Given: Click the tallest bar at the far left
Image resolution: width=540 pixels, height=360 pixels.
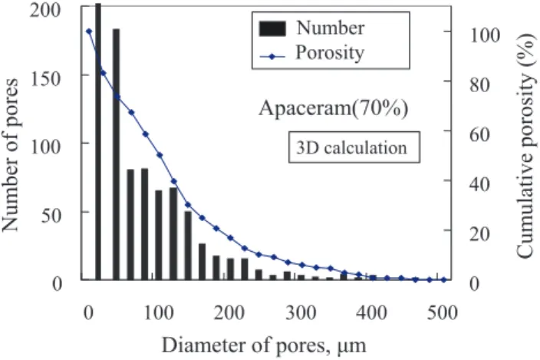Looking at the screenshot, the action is [98, 142].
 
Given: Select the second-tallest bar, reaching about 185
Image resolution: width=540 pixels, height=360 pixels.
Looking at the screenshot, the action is [116, 154].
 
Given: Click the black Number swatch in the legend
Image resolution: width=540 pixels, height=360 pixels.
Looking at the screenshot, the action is [272, 28].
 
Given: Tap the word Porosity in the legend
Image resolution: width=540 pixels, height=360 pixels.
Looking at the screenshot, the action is [330, 53].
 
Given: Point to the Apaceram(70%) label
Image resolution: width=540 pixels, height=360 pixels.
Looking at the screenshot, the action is [334, 108].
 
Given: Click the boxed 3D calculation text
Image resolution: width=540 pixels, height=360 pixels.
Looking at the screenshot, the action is [351, 148].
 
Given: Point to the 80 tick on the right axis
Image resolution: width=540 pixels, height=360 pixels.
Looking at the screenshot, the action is [479, 84].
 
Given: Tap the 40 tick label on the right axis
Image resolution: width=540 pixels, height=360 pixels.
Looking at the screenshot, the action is [479, 184].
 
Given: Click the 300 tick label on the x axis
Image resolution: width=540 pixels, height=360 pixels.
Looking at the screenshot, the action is [301, 313].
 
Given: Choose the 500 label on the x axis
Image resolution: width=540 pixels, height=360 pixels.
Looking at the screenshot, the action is [443, 313].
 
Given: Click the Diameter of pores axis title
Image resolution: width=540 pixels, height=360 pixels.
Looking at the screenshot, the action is [264, 345].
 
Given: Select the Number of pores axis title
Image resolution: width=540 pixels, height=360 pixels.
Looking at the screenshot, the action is [10, 155].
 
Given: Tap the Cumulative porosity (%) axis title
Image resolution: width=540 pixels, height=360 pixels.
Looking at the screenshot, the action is [526, 145].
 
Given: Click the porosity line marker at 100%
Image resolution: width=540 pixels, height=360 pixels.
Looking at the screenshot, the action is [89, 31].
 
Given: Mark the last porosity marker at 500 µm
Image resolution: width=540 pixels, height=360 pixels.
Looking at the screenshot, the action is [443, 279].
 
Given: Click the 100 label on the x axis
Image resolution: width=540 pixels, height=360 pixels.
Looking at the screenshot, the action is [159, 313].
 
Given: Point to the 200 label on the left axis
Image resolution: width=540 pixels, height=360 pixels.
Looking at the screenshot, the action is [45, 10].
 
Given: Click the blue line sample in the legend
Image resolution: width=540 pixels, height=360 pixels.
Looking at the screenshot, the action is [272, 56].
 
